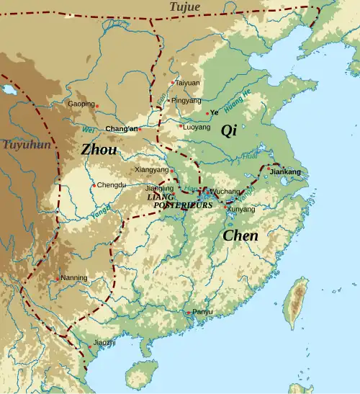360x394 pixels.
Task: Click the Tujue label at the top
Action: (186, 6)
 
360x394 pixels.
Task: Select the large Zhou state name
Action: (99, 149)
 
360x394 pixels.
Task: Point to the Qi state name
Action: (228, 130)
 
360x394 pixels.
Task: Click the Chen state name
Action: (240, 235)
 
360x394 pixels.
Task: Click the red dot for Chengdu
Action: (94, 185)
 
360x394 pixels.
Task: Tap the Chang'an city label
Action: (121, 129)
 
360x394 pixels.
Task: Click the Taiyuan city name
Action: (187, 83)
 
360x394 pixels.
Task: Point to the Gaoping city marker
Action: (97, 107)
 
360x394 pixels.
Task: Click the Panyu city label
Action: (203, 311)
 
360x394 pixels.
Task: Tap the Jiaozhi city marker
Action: (91, 346)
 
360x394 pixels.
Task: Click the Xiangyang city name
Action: (151, 169)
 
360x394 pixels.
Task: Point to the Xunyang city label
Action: (240, 209)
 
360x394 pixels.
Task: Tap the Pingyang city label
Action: (186, 100)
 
